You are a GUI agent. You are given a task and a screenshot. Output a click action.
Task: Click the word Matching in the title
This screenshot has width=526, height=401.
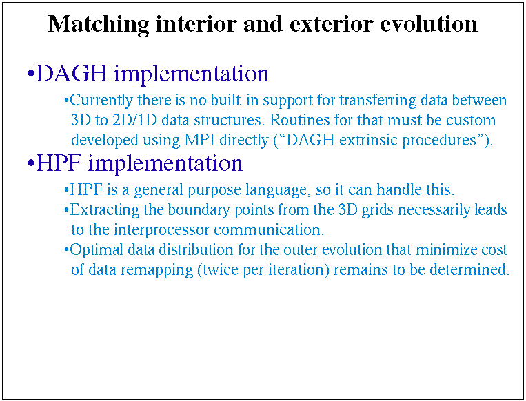click(99, 25)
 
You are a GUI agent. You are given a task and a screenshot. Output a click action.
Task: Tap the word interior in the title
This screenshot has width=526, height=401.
click(196, 24)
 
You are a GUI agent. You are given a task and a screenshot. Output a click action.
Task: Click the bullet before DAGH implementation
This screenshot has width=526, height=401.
click(31, 74)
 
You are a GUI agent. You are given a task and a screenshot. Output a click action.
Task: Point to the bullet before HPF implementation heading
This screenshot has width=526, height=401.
click(31, 163)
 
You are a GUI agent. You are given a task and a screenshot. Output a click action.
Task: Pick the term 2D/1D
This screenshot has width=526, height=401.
click(134, 120)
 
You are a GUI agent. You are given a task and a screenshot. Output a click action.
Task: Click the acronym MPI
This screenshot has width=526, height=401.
click(200, 140)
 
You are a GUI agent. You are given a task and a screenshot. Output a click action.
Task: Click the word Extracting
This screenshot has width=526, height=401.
click(104, 211)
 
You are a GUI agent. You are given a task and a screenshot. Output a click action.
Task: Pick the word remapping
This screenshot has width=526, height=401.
click(156, 270)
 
